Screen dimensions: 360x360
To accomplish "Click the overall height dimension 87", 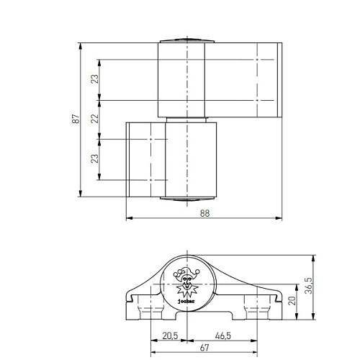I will [x=75, y=119].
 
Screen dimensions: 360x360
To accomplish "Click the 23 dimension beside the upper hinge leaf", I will [x=94, y=79].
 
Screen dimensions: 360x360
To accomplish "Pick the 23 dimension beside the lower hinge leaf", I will [x=94, y=158].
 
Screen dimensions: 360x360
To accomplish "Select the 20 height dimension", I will [x=292, y=301].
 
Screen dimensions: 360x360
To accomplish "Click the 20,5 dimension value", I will [x=170, y=336].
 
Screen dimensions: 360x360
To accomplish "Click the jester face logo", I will [x=186, y=281].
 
